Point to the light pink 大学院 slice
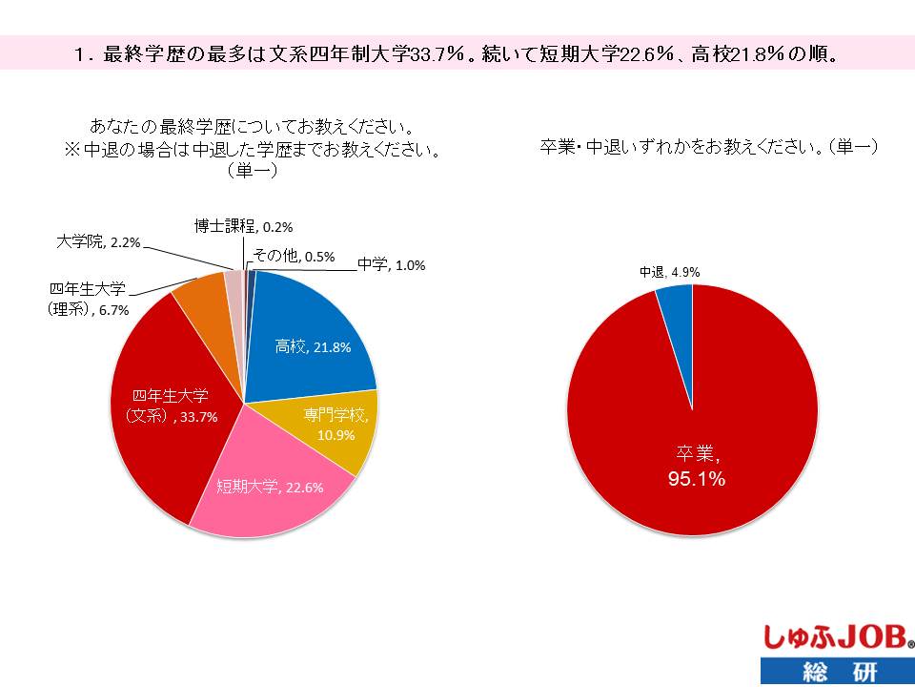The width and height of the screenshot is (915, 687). pos(234,282)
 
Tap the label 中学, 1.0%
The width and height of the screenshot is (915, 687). pos(391,264)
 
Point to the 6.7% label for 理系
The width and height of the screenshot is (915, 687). pos(110,310)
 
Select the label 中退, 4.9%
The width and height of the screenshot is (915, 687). pos(669,272)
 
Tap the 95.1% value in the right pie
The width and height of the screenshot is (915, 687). pos(696,479)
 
